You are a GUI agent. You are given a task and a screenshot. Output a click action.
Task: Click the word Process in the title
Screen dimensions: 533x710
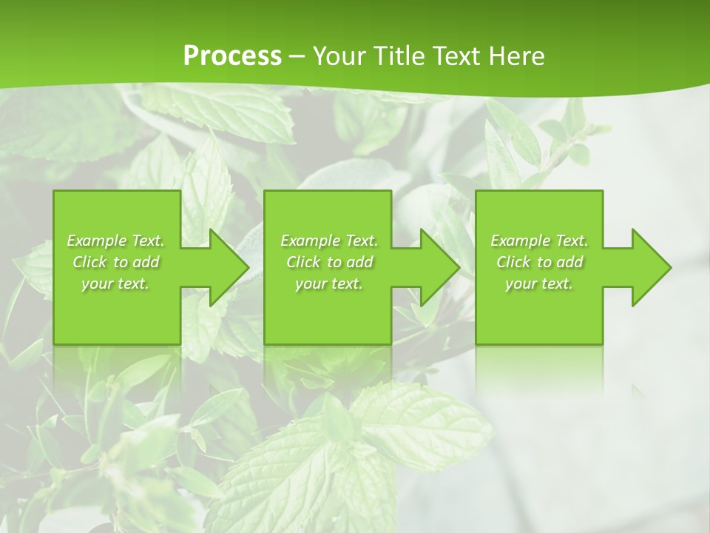232,56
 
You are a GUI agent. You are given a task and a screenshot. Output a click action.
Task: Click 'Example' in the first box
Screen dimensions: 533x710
95,241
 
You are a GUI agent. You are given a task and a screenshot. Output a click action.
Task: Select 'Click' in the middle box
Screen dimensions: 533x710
303,262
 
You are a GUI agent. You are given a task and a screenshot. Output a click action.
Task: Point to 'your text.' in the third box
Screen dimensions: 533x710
538,284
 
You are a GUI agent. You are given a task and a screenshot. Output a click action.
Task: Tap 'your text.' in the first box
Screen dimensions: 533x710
115,284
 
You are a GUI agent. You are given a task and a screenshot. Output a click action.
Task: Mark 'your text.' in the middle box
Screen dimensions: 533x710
328,284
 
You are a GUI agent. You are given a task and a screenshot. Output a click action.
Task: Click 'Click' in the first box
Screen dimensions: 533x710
89,262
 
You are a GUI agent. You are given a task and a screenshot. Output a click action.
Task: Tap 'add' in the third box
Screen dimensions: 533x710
569,262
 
